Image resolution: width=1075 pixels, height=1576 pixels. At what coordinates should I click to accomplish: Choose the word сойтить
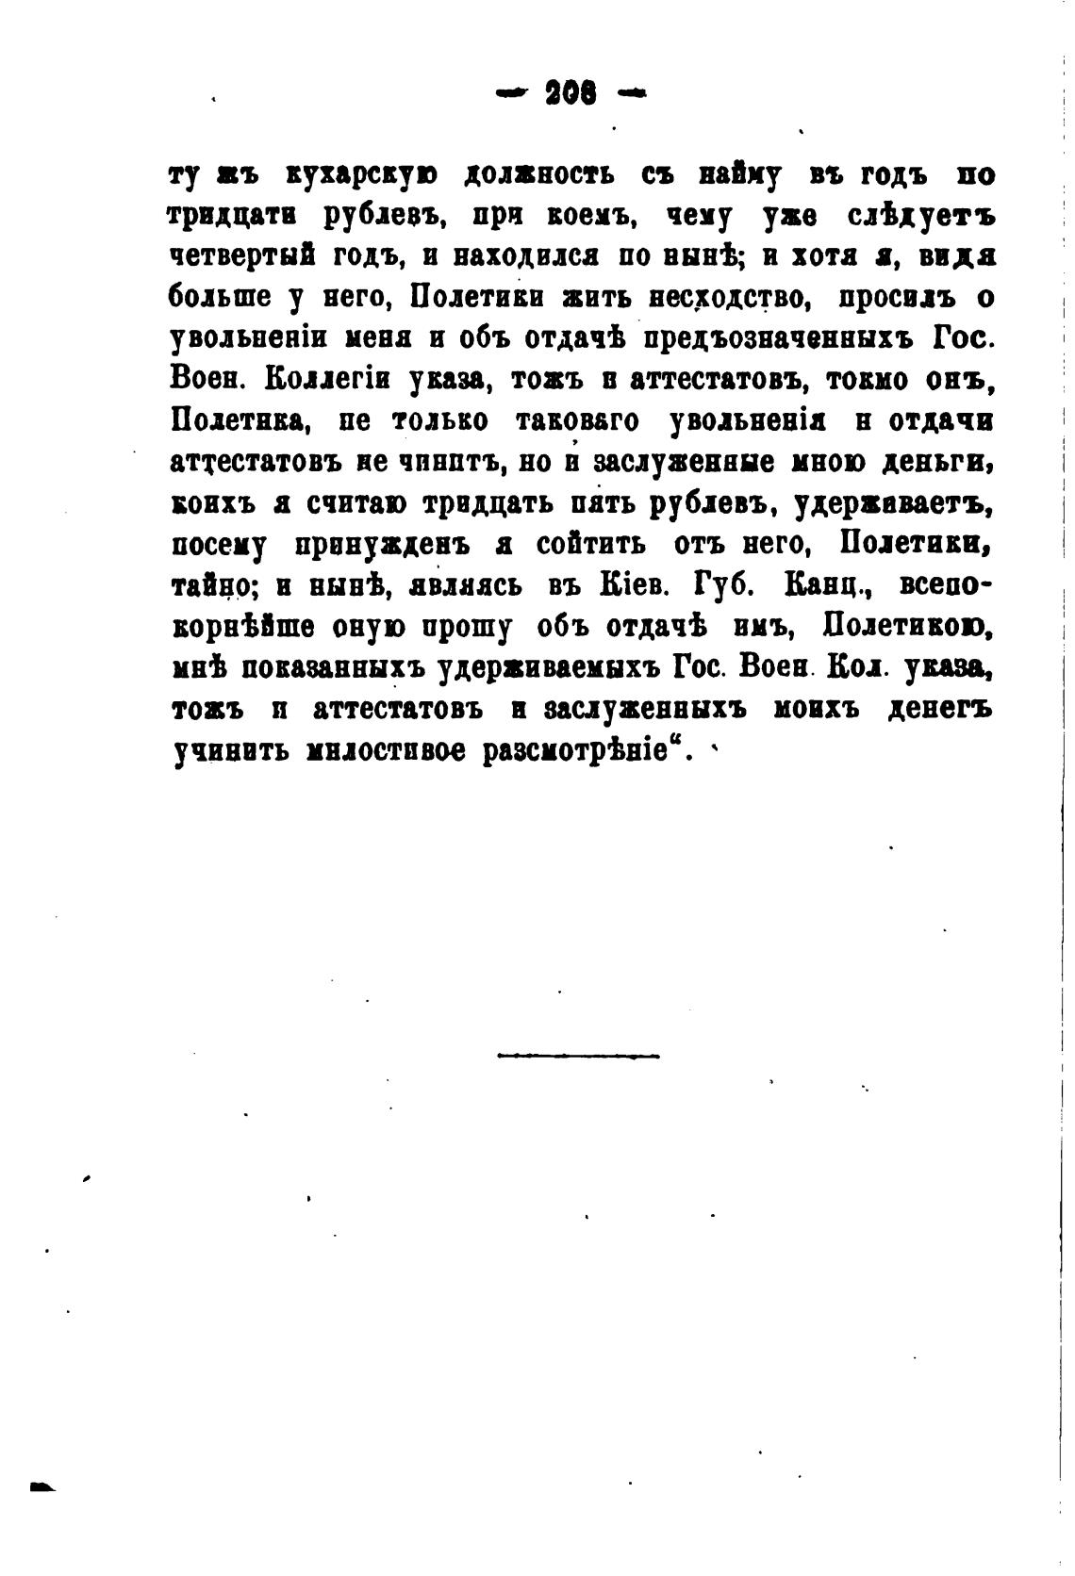click(591, 545)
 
